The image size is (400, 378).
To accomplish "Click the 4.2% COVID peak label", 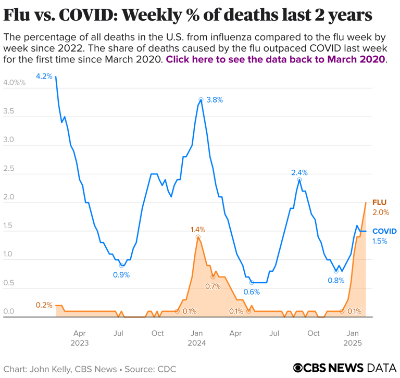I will pyautogui.click(x=44, y=76).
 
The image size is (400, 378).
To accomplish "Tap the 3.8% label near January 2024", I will pyautogui.click(x=214, y=100).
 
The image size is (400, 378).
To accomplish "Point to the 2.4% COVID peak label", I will pyautogui.click(x=299, y=173).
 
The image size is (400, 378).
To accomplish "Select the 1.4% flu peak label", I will pyautogui.click(x=198, y=229).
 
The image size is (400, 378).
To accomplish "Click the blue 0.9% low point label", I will pyautogui.click(x=121, y=274).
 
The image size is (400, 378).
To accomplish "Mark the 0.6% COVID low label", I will pyautogui.click(x=252, y=293).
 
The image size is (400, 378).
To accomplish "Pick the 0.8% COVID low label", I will pyautogui.click(x=336, y=280).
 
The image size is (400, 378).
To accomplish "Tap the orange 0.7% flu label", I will pyautogui.click(x=213, y=286).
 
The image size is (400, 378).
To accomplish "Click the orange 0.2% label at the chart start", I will pyautogui.click(x=44, y=305).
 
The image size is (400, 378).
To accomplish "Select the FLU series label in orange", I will pyautogui.click(x=379, y=202).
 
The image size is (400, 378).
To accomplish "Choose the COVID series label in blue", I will pyautogui.click(x=384, y=231).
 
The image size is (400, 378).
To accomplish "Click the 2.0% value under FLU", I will pyautogui.click(x=380, y=212).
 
